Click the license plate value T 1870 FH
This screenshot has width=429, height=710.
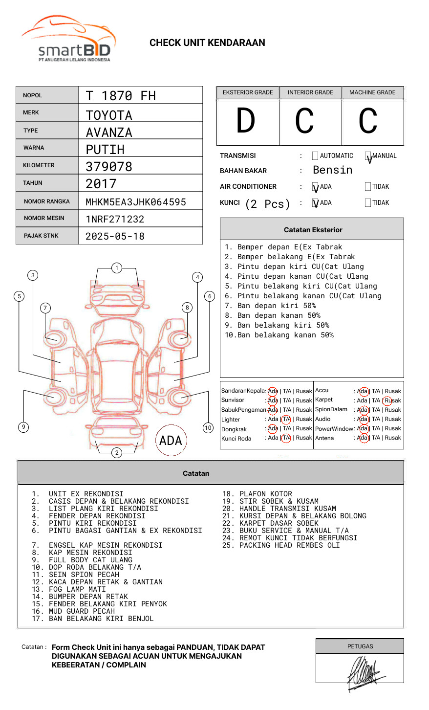coord(121,96)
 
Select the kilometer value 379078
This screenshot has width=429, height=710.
coord(109,167)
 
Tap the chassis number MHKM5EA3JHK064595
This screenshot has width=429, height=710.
coord(136,202)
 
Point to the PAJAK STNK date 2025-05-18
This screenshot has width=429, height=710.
coord(115,236)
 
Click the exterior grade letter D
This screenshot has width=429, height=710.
coord(246,121)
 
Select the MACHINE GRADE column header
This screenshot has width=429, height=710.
coord(372,92)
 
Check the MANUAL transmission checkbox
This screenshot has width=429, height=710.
coord(368,156)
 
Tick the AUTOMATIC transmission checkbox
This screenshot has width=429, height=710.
coord(315,156)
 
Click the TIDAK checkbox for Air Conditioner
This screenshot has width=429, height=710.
coord(368,187)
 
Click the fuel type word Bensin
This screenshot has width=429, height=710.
coord(332,170)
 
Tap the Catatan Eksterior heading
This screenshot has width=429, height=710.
coord(313,230)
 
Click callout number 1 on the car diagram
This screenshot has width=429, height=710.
coord(116,268)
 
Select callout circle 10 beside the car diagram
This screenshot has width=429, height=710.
coord(208,428)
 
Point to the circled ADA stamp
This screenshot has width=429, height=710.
coord(171,441)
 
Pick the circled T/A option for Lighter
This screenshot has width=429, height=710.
coord(286,419)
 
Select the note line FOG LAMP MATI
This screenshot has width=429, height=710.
coord(77,589)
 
